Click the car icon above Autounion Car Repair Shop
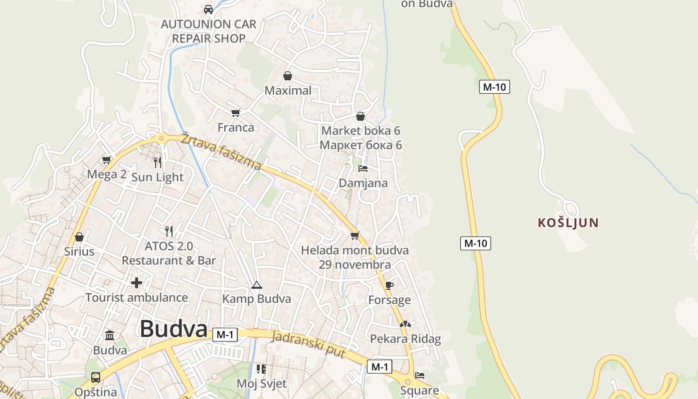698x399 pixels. point(208,9)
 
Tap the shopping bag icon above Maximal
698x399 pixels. point(288,76)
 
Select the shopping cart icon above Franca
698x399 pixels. point(236,113)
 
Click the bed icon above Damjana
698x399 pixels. point(363,169)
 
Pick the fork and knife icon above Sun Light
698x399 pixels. point(158,163)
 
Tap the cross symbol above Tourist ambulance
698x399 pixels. point(137,283)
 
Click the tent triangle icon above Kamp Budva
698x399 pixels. point(257,285)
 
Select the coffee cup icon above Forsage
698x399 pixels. point(389,285)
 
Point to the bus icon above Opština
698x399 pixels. point(95,378)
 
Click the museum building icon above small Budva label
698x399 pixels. point(110,336)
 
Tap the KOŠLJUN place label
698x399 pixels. point(568,223)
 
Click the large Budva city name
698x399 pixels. point(174,329)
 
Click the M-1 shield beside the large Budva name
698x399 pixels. point(225,335)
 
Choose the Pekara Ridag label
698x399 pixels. point(405,339)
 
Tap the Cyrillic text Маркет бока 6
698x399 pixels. point(360,145)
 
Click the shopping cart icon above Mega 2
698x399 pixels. point(106,160)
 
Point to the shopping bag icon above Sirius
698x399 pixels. point(79,237)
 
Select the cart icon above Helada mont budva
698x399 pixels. point(354,235)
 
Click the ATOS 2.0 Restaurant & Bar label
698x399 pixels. point(169,253)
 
